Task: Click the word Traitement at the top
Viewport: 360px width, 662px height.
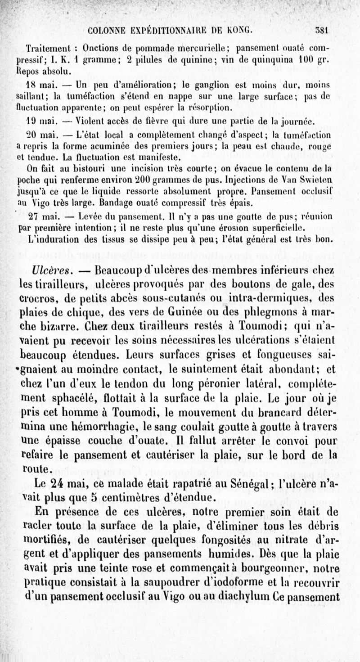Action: pos(46,47)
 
